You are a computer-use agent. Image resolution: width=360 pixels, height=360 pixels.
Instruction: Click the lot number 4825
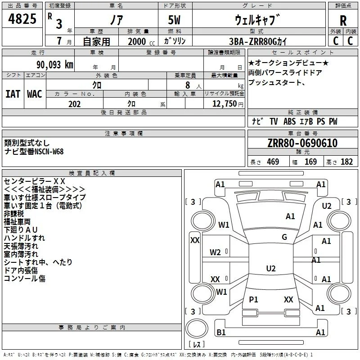(x=22, y=18)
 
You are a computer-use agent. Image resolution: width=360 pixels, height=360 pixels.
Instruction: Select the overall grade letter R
(x=343, y=21)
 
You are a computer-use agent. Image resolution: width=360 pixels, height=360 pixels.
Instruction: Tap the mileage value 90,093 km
(x=54, y=65)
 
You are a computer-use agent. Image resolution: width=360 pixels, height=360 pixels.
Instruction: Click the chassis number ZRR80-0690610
(x=302, y=143)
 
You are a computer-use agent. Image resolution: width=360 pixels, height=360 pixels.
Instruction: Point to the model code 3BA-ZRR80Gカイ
(x=258, y=41)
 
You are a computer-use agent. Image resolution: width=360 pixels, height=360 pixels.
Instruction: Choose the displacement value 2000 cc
(x=141, y=42)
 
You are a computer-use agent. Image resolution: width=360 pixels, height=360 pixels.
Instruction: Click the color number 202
(x=74, y=104)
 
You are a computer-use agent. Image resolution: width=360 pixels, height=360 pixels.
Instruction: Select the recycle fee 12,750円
(x=228, y=104)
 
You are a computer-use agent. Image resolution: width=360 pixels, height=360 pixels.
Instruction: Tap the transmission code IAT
(x=13, y=94)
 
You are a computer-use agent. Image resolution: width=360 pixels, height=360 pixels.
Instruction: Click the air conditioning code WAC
(x=35, y=94)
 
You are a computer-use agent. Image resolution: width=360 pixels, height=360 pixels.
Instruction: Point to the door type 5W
(x=174, y=20)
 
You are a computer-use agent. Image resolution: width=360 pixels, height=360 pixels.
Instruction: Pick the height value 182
(x=346, y=162)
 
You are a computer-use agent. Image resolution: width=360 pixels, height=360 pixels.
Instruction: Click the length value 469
(x=273, y=162)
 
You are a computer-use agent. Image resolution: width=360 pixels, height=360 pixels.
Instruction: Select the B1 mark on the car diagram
(x=221, y=332)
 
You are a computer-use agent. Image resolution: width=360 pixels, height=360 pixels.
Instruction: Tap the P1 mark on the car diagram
(x=253, y=299)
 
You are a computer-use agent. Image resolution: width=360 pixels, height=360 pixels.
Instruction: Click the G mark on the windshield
(x=284, y=237)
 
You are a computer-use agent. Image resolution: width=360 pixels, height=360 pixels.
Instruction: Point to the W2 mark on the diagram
(x=215, y=252)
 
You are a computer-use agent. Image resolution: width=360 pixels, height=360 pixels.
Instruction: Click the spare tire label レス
(x=197, y=344)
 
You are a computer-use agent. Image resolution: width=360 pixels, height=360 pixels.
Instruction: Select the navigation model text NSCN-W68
(x=49, y=152)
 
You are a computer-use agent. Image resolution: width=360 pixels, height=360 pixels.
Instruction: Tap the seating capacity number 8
(x=188, y=85)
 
